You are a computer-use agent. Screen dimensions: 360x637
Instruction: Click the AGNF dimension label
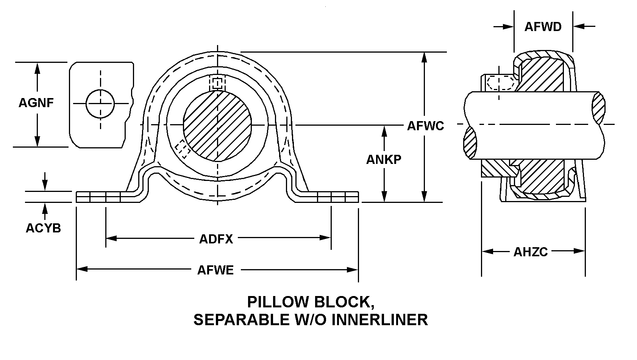36,103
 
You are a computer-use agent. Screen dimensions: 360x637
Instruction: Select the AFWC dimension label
425,126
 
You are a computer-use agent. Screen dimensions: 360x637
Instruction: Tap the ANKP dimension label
383,160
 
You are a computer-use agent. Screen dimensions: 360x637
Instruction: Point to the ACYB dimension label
43,228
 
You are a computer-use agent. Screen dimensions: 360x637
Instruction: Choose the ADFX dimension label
216,239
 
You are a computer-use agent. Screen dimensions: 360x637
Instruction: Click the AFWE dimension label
215,270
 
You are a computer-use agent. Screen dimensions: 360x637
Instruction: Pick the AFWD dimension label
543,27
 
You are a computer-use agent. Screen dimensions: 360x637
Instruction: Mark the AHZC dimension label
530,252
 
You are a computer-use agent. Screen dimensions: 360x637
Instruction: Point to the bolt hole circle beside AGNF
100,103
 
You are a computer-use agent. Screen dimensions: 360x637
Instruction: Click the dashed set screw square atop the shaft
217,83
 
